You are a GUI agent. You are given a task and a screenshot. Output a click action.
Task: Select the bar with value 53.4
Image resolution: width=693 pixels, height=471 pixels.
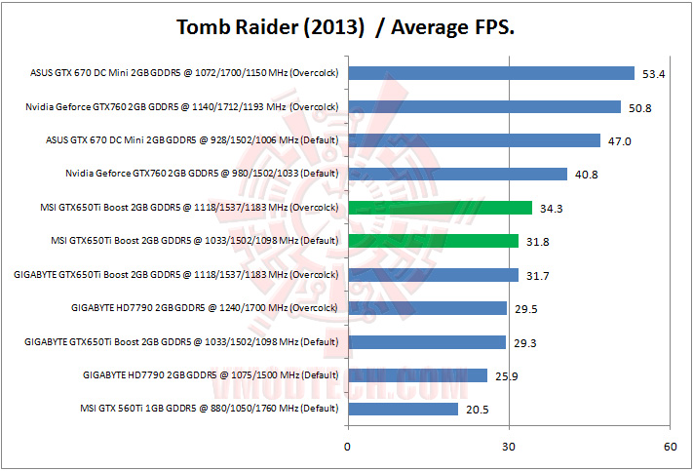[x=490, y=73]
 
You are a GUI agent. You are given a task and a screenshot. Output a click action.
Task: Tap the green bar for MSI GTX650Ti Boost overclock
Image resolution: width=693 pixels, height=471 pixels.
[x=440, y=208]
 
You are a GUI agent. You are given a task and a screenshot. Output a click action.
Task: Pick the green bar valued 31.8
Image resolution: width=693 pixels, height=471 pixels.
[x=433, y=241]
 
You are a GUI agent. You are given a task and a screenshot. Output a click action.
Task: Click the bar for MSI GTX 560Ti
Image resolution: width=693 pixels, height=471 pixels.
[x=403, y=409]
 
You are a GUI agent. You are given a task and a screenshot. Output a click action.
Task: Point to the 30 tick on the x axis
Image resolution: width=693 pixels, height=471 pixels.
[x=508, y=447]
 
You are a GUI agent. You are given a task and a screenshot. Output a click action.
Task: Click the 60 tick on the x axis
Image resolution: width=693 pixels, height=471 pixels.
[x=669, y=447]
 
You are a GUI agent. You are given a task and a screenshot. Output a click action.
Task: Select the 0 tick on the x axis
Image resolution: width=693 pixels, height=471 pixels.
[x=348, y=447]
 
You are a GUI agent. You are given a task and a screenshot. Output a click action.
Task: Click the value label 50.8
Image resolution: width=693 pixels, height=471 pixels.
[x=640, y=107]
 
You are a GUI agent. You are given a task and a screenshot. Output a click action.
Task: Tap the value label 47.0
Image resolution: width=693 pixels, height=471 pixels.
[x=620, y=141]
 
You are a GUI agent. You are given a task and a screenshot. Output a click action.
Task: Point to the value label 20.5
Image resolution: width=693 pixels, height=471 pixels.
[x=478, y=410]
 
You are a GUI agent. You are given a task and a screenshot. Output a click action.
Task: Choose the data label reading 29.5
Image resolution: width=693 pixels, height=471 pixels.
[x=526, y=309]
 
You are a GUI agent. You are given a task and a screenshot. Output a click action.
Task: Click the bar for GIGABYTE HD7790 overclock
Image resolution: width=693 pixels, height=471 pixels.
[x=427, y=308]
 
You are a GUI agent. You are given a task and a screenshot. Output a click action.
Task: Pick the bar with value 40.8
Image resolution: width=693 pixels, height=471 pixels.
[x=457, y=175]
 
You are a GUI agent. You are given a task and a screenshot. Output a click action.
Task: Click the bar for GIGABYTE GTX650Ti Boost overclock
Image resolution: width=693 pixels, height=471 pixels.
[x=433, y=275]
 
